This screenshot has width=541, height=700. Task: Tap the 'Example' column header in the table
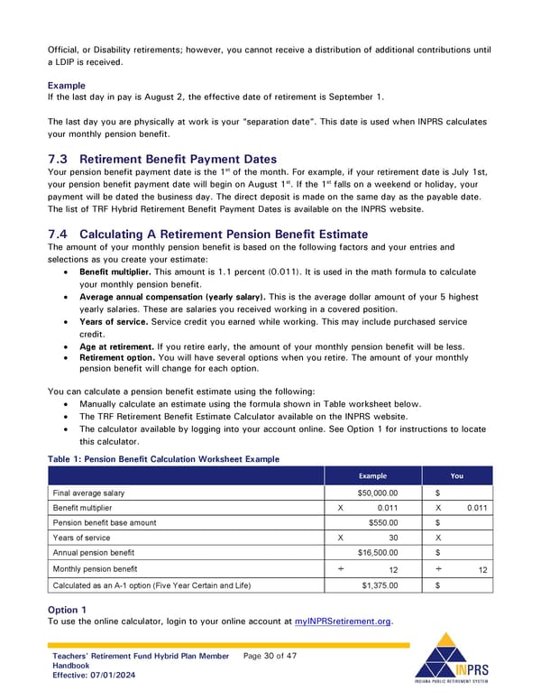(372, 475)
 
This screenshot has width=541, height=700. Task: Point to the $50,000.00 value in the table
(378, 493)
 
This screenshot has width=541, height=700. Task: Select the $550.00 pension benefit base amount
(383, 522)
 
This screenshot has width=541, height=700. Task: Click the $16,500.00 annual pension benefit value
(378, 552)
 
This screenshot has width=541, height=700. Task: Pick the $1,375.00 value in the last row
(380, 585)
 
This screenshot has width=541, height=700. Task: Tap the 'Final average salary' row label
(88, 493)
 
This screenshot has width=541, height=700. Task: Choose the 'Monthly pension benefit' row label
(95, 568)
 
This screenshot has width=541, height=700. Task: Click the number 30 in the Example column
(393, 538)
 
